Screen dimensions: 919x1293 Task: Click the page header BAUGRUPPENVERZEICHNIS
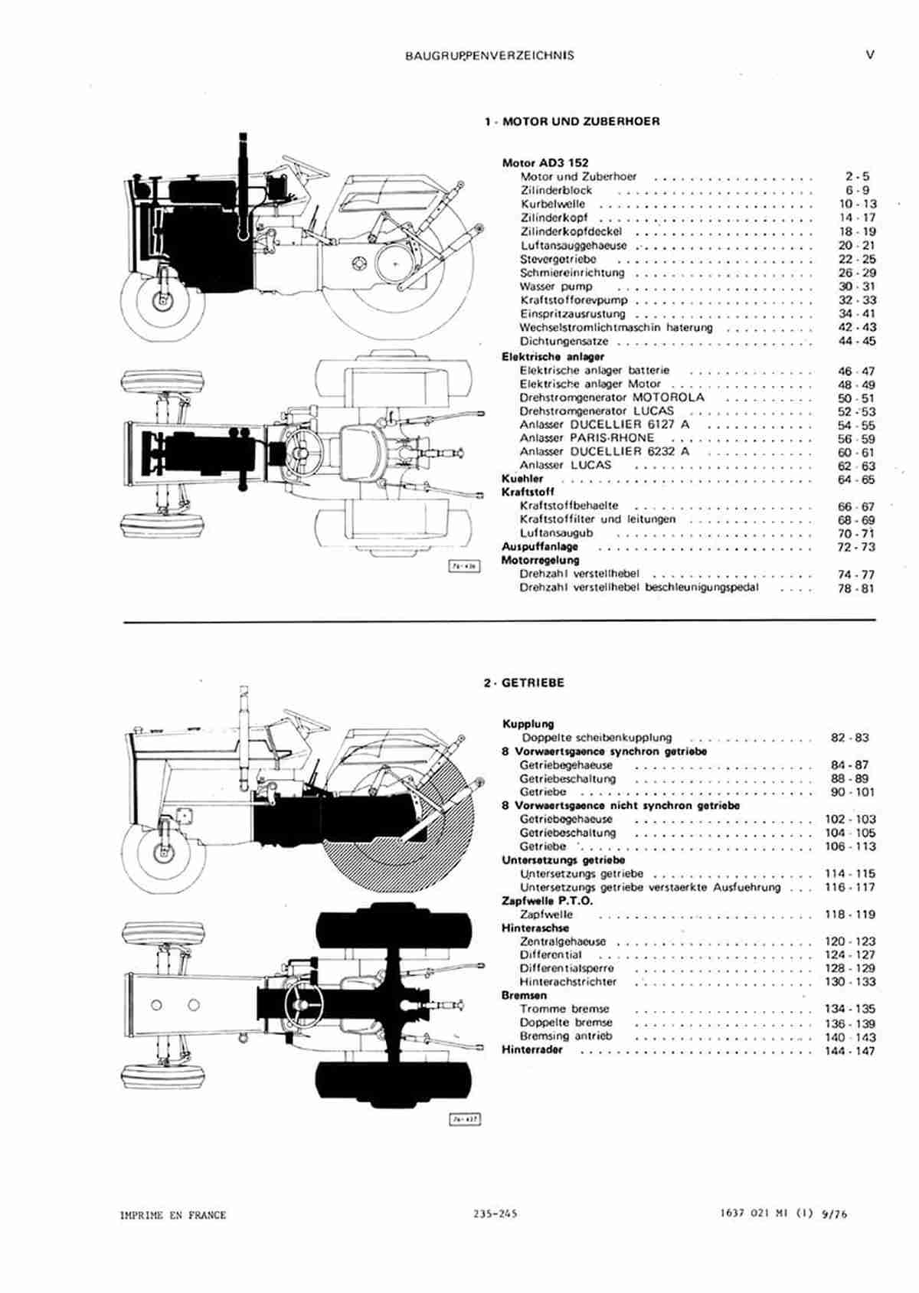tap(489, 56)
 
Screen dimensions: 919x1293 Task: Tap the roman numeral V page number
tap(871, 55)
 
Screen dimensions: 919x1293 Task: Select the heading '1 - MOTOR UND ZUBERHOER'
tap(572, 122)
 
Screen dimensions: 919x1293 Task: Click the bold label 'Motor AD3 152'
tap(545, 163)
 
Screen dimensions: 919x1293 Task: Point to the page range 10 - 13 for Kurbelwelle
tap(857, 204)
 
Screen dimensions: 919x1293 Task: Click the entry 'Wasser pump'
tap(556, 287)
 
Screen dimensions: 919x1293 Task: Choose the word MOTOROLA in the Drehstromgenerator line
tap(669, 398)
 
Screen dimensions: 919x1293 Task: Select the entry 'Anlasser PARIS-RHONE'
tap(587, 438)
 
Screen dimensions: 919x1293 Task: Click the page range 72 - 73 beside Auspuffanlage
tap(856, 547)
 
